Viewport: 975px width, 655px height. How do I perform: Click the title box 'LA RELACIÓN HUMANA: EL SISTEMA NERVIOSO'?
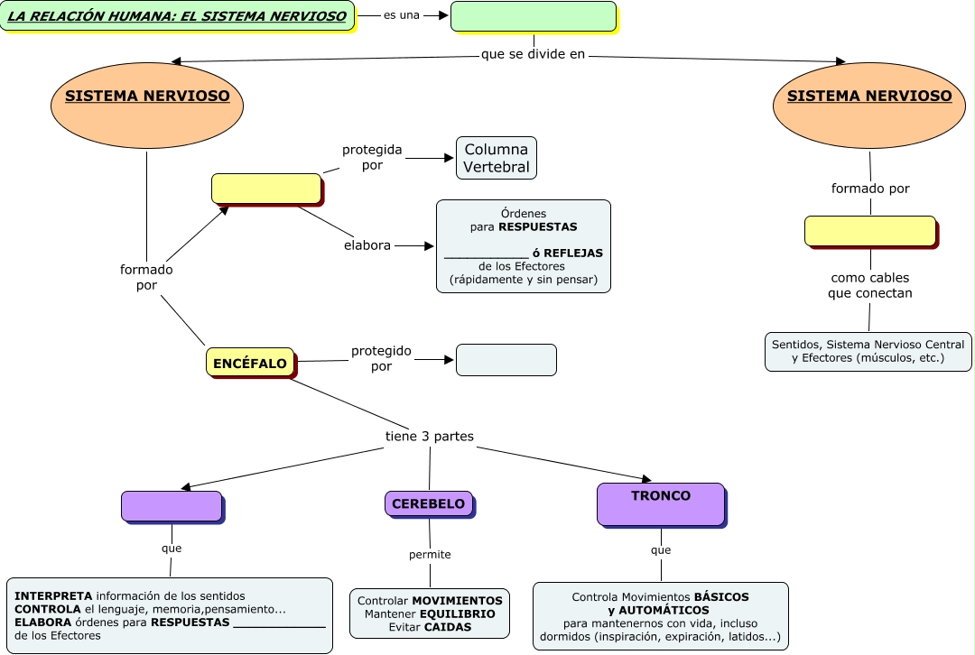[177, 16]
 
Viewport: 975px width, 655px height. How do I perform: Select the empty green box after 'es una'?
[533, 16]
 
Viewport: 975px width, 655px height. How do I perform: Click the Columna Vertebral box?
[497, 158]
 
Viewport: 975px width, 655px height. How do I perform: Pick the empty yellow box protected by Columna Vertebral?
[266, 189]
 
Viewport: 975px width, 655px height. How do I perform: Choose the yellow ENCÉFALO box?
[250, 363]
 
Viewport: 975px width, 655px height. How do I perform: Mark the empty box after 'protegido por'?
[506, 359]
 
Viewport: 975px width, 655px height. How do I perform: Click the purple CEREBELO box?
[429, 503]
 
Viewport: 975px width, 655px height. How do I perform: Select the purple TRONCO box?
[661, 503]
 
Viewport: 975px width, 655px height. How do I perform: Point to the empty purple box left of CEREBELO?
[172, 506]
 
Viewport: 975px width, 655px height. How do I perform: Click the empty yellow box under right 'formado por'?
[870, 231]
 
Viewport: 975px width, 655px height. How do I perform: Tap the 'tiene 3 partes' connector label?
[430, 437]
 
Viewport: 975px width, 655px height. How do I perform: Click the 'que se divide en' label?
[534, 54]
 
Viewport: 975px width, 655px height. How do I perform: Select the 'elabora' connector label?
[367, 245]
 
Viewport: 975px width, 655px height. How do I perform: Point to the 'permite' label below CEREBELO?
[430, 554]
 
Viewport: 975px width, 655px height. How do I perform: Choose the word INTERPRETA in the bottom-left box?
[53, 596]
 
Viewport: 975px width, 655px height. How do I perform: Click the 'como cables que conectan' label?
[870, 285]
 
